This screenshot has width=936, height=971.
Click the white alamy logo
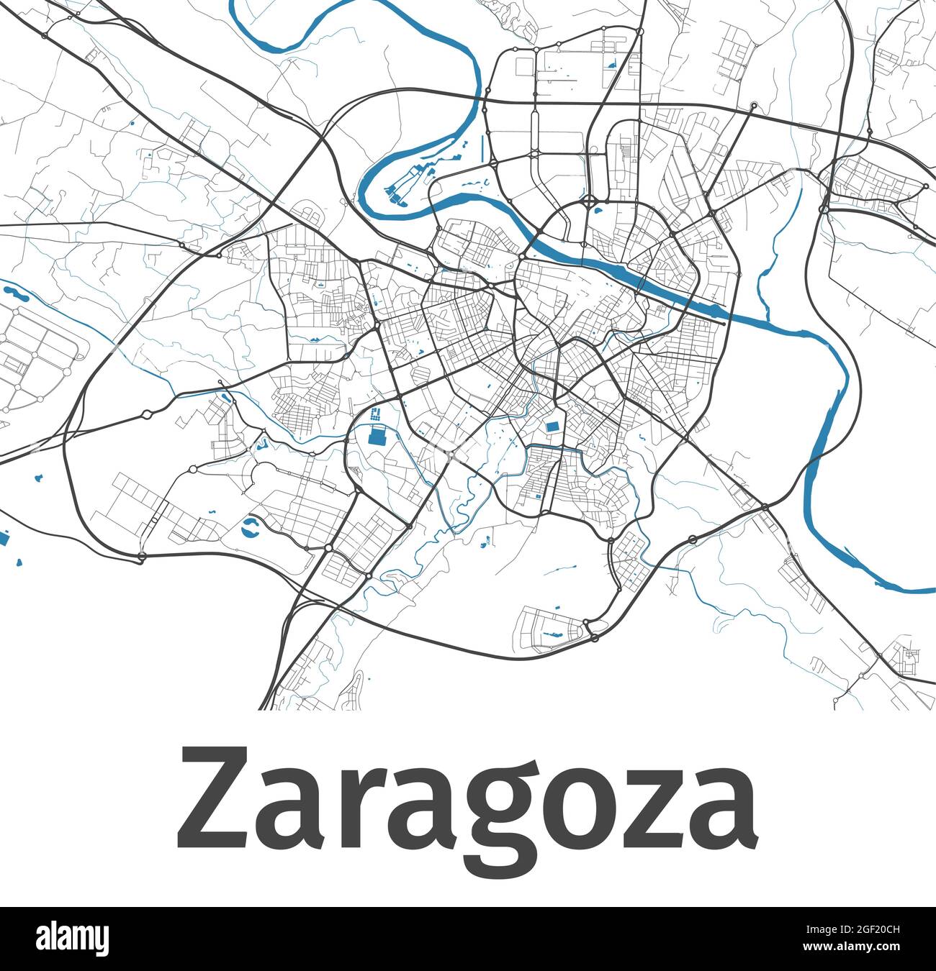(73, 939)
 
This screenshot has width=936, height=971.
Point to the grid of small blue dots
(375, 415)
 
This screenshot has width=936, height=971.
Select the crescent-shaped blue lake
(249, 527)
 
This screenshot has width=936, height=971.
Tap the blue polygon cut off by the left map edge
(4, 538)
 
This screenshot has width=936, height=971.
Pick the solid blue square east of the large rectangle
(552, 427)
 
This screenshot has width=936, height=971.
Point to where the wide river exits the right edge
(929, 591)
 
